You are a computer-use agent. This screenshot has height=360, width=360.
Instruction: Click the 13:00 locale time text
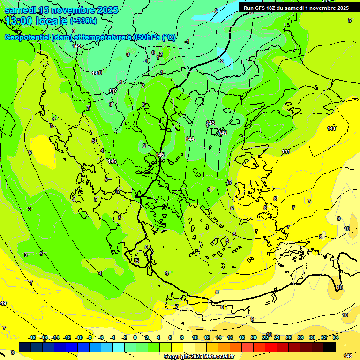point(36,21)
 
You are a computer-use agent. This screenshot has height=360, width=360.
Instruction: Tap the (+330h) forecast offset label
point(83,21)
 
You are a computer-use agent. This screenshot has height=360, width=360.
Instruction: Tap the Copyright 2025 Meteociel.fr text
point(199,356)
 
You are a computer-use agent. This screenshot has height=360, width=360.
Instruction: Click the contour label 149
point(77,46)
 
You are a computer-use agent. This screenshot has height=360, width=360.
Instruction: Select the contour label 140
point(97,73)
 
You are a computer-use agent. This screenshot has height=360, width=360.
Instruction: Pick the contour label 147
point(113,90)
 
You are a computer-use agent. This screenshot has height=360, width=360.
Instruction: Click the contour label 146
point(112,161)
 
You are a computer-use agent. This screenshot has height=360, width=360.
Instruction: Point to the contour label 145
point(160,155)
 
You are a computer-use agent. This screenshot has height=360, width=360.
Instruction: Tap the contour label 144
point(190,139)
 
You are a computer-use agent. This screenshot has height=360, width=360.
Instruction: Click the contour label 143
point(210,123)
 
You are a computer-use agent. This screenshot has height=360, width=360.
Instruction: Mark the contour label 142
point(223,133)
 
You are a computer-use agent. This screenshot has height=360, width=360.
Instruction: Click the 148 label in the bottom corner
point(348,356)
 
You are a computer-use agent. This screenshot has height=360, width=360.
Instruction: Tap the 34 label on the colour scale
point(336,337)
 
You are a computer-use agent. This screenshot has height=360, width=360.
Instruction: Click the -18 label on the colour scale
point(32,337)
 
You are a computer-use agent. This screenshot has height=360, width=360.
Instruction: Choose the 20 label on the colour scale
point(254,337)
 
